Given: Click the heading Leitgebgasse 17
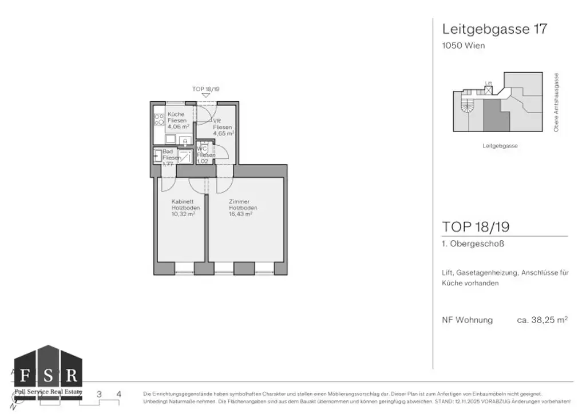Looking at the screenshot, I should pyautogui.click(x=494, y=29).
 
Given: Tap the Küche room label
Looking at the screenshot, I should pyautogui.click(x=176, y=114).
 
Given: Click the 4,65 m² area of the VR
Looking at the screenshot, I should pyautogui.click(x=223, y=133).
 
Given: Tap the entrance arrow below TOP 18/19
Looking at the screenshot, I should pyautogui.click(x=206, y=95).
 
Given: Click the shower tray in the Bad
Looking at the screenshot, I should pyautogui.click(x=185, y=156).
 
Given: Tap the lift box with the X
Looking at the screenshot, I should pyautogui.click(x=488, y=90).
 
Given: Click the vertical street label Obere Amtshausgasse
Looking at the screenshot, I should pyautogui.click(x=556, y=103).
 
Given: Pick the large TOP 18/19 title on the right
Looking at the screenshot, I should pyautogui.click(x=476, y=226).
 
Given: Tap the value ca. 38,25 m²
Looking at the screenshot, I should pyautogui.click(x=542, y=320).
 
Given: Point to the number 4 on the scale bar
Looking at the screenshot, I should pyautogui.click(x=118, y=394).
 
